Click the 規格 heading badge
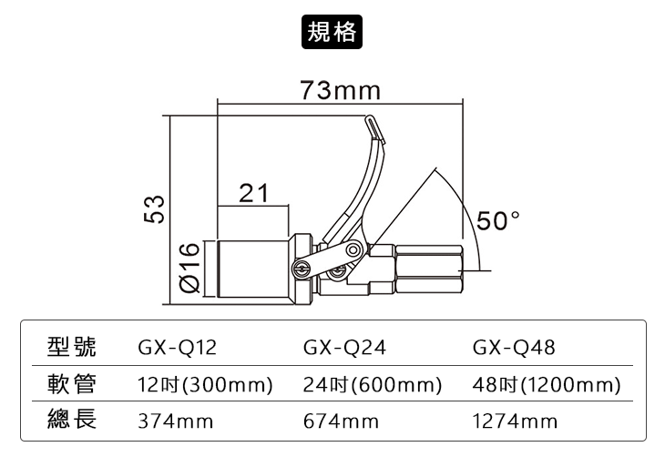[x=332, y=31]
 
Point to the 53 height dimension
[x=157, y=208]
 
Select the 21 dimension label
[x=254, y=194]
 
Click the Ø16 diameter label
[x=189, y=267]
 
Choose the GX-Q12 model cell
[x=178, y=348]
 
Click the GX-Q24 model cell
[x=343, y=348]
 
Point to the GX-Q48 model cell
[x=515, y=348]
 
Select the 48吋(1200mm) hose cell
[x=547, y=384]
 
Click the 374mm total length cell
[x=175, y=421]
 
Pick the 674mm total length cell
[x=340, y=421]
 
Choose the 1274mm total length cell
[x=516, y=421]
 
